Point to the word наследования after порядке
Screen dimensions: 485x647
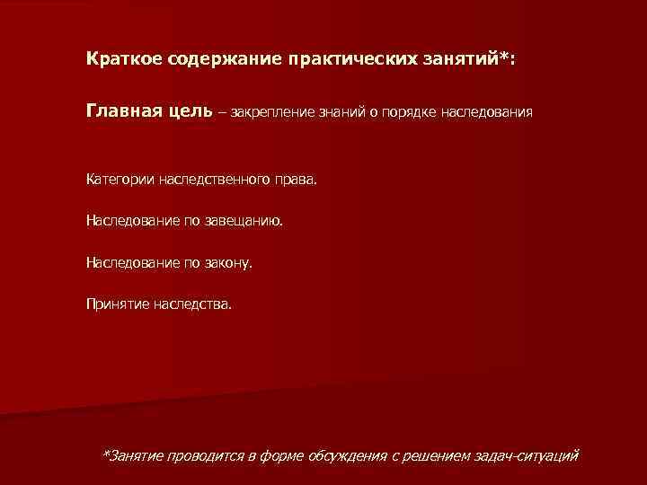488,113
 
